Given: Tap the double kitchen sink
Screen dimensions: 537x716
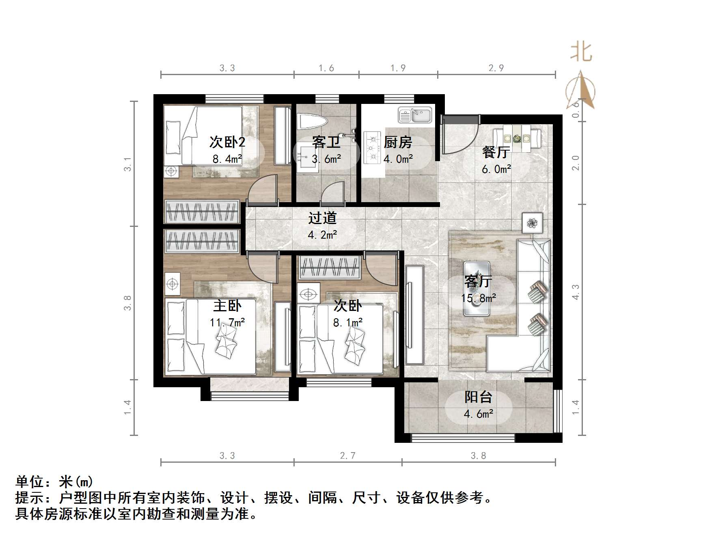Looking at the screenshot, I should [x=414, y=115].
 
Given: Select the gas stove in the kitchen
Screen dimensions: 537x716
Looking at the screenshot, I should [x=371, y=147].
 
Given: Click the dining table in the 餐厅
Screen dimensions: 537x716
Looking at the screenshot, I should [x=517, y=138].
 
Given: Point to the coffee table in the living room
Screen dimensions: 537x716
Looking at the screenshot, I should [x=477, y=288].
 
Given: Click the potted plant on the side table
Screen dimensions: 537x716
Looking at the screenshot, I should [x=532, y=222].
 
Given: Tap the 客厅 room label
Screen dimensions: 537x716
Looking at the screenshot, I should [x=478, y=281].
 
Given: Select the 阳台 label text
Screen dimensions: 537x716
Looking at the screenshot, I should [x=478, y=397].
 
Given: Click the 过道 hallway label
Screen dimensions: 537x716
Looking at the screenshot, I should [x=322, y=218].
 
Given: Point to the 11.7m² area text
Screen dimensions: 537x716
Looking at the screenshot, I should [x=227, y=323].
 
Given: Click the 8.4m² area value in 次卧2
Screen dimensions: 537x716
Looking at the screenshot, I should [x=227, y=159].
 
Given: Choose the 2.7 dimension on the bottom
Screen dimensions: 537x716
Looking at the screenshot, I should [x=348, y=456].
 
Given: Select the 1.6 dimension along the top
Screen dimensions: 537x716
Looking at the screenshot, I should [x=326, y=68].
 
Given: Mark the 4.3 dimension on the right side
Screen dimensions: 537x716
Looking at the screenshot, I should [x=575, y=292].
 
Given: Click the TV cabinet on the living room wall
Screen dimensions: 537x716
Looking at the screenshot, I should [x=414, y=315].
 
